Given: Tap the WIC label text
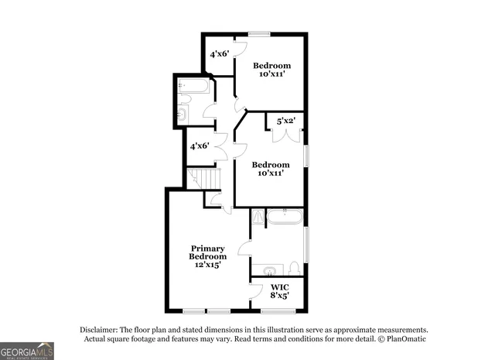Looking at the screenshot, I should click(x=279, y=286).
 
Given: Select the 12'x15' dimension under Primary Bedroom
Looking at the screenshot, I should click(x=208, y=265).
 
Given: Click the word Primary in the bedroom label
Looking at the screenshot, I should click(x=208, y=249).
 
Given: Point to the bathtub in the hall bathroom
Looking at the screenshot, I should click(x=194, y=87).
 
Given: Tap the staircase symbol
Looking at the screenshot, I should click(x=206, y=179).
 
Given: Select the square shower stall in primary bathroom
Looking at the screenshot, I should click(x=258, y=217).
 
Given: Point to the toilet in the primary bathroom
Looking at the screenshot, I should click(x=294, y=268).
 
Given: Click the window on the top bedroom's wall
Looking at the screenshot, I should click(x=260, y=33).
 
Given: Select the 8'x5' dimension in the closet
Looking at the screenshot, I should click(x=279, y=295).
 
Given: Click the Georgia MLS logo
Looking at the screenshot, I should click(x=27, y=351).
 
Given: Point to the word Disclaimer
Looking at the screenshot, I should click(x=102, y=329).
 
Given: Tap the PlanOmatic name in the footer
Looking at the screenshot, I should click(x=405, y=338).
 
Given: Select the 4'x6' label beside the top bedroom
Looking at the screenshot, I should click(x=221, y=54).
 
